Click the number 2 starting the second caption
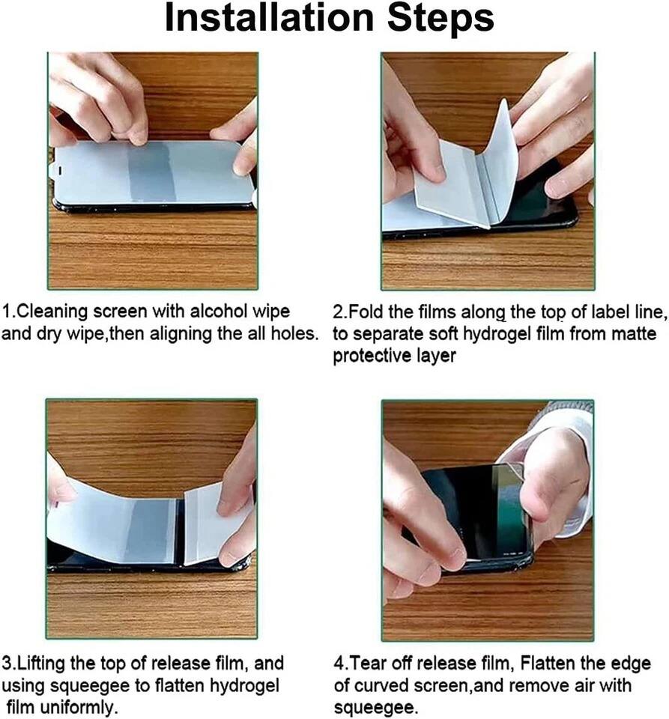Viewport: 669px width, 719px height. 339,311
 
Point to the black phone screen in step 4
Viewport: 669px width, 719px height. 461,509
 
